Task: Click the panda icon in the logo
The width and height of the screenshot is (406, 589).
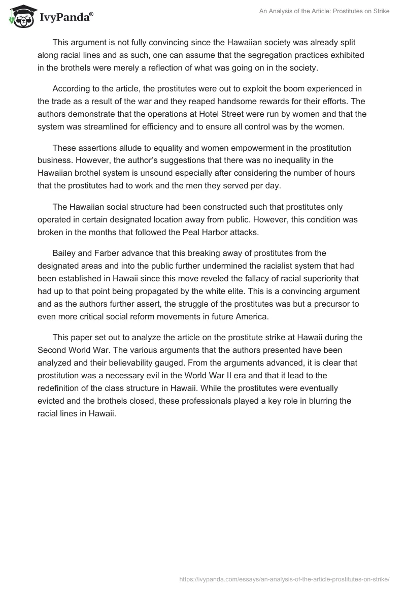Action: click(x=20, y=17)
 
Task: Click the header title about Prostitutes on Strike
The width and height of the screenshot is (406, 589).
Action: click(x=318, y=11)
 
